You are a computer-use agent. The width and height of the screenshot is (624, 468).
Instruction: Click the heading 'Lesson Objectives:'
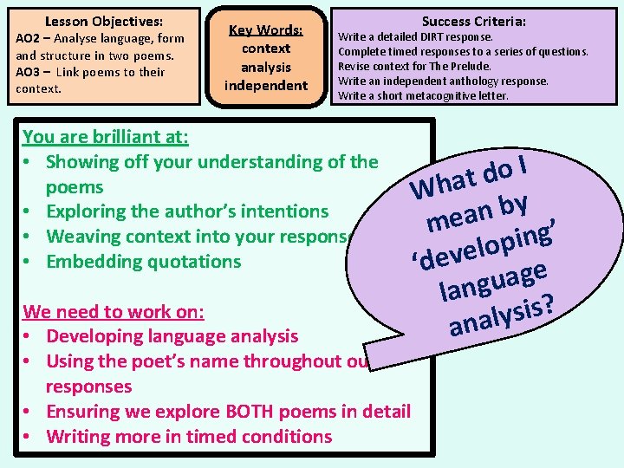(103, 20)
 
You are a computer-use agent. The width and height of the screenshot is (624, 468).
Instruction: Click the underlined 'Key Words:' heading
(265, 30)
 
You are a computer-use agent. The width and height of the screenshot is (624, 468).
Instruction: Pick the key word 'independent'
(265, 85)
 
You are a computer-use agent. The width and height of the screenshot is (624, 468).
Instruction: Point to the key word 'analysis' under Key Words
(265, 67)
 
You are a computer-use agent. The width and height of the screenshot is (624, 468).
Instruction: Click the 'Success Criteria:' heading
(473, 21)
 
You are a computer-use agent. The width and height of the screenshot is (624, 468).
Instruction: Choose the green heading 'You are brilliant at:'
(106, 136)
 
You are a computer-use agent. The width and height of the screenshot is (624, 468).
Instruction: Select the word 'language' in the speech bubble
(492, 281)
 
